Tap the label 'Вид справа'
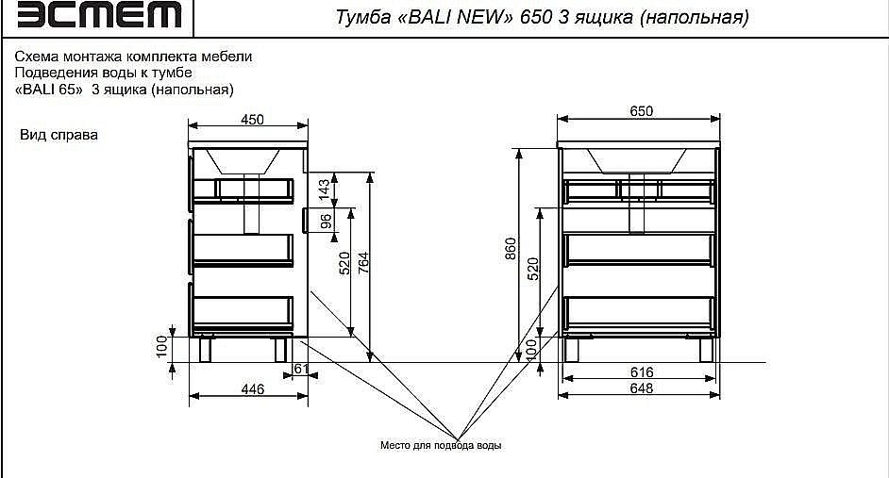(x=59, y=135)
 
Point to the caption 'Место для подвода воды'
(x=440, y=445)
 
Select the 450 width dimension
(x=251, y=119)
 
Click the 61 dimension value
(x=301, y=369)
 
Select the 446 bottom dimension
(x=251, y=388)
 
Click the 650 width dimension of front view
(x=641, y=111)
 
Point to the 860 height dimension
(x=511, y=250)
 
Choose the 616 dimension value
(x=641, y=373)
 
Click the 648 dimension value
(x=641, y=388)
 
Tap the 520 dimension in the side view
(x=344, y=264)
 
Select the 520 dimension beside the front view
(x=532, y=269)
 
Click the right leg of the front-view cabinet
(x=705, y=349)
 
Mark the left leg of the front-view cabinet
(x=572, y=349)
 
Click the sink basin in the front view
(x=637, y=160)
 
